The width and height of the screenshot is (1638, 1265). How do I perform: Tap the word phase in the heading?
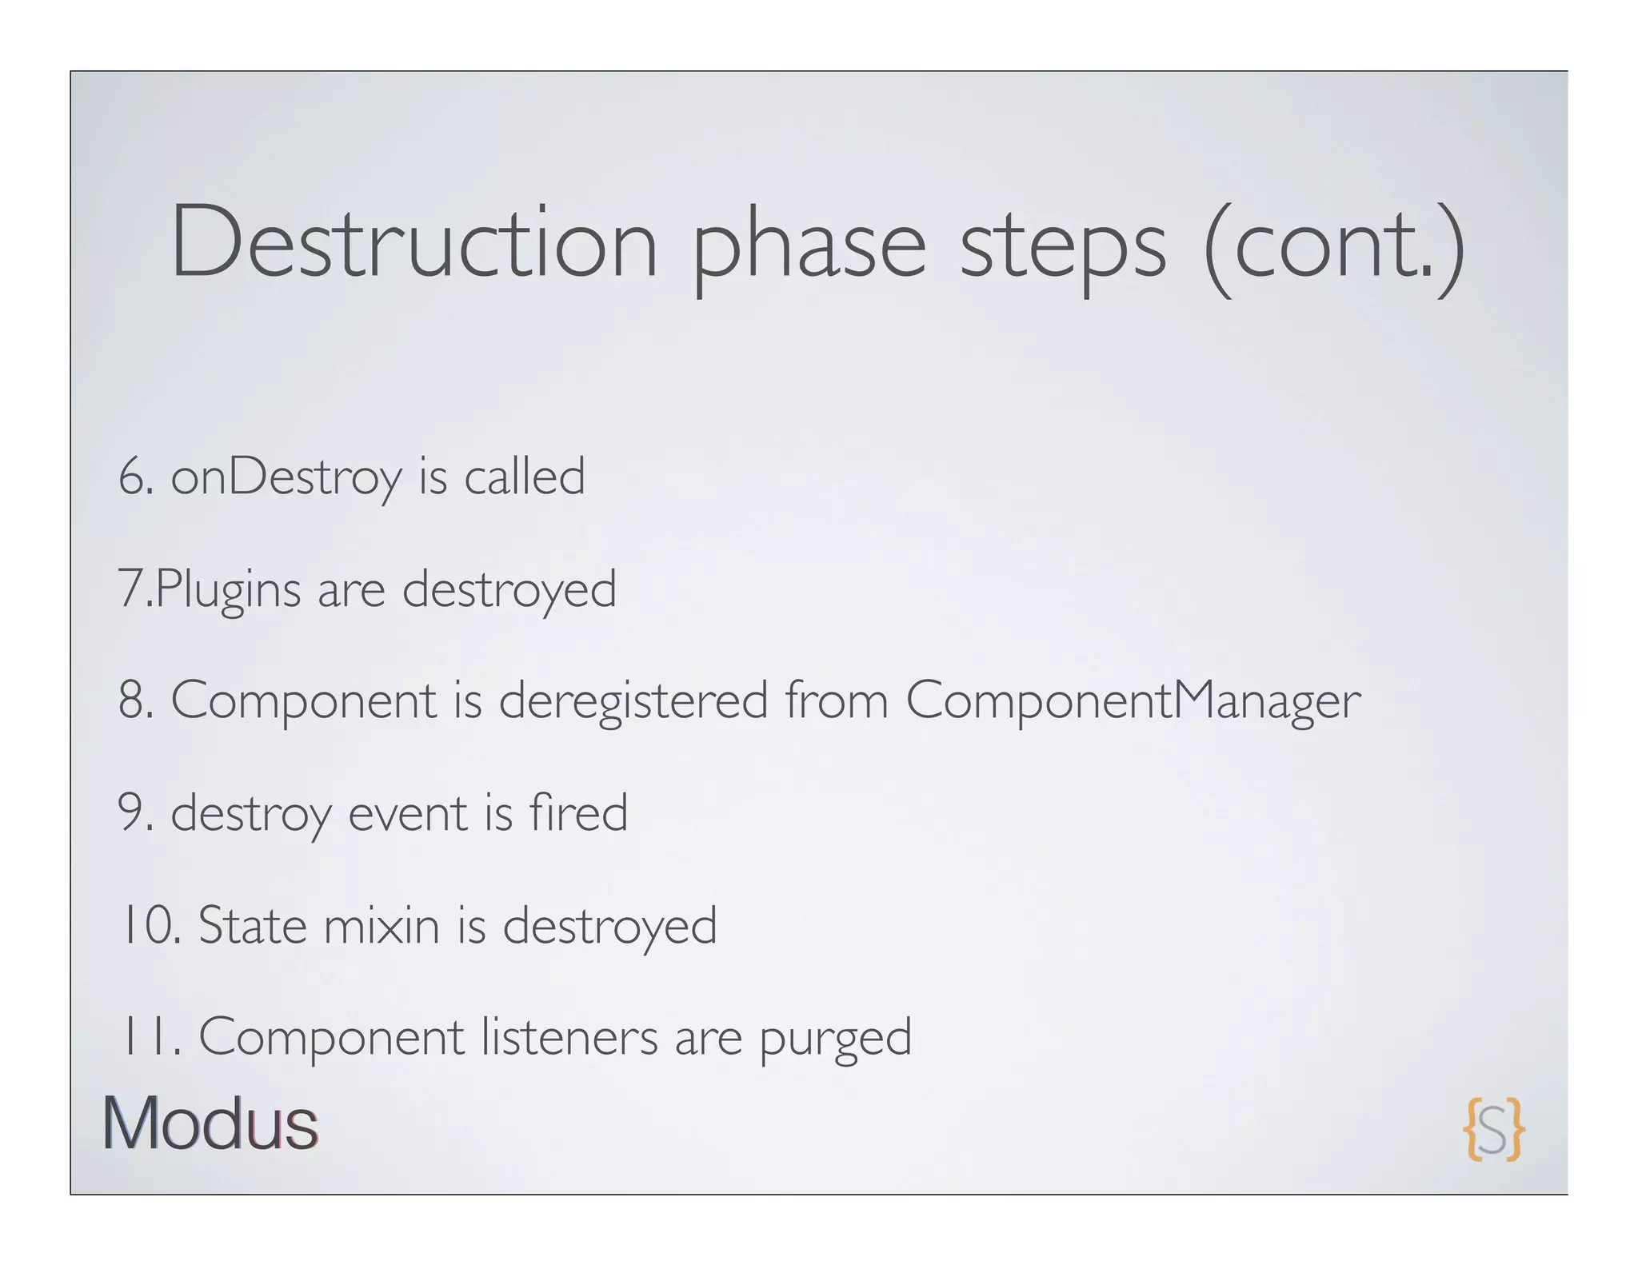[809, 248]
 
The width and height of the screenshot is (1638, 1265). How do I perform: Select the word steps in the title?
[1063, 248]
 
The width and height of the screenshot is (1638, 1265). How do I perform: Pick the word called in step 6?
[525, 477]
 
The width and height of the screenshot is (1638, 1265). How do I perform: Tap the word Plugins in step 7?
[228, 590]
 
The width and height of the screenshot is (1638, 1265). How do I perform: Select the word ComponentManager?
[1133, 701]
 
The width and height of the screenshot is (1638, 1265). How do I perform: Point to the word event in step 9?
[408, 813]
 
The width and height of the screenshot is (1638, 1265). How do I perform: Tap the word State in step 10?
[253, 925]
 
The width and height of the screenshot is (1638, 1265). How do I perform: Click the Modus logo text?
[210, 1124]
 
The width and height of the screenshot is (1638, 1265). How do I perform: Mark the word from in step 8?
[837, 700]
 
